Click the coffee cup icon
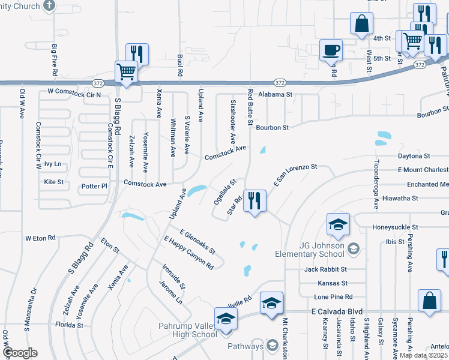330,50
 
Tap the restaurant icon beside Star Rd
255,201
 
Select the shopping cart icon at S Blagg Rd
127,72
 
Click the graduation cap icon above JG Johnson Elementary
338,225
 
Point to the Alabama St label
275,95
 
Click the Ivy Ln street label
53,164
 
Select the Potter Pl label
94,187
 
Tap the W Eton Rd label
40,238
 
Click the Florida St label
69,325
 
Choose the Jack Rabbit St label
327,269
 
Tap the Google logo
20,353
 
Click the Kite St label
54,181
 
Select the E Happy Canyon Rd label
188,252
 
